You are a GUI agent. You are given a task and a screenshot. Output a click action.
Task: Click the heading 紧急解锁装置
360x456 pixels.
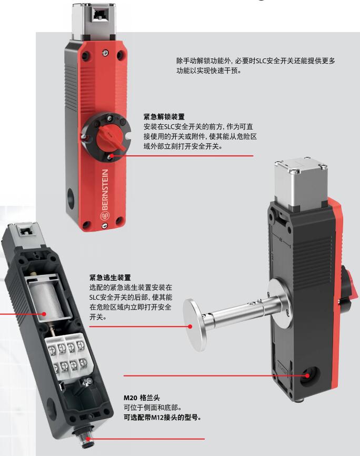click(x=164, y=117)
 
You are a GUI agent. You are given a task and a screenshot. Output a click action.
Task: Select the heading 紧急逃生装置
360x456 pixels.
click(x=110, y=277)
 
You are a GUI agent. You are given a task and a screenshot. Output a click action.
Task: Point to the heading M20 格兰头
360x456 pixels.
click(x=142, y=398)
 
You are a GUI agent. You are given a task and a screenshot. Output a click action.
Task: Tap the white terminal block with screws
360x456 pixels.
click(x=69, y=353)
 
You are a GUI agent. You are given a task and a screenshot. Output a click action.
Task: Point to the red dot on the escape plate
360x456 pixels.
click(x=190, y=326)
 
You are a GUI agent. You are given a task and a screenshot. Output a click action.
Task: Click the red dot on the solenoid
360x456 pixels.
click(x=44, y=314)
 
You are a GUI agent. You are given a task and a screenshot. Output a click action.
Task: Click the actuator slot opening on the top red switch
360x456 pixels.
click(x=99, y=13)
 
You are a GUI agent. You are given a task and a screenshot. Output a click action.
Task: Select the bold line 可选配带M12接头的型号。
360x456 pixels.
click(x=163, y=418)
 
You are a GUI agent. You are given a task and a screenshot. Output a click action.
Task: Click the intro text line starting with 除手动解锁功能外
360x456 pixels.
click(x=256, y=61)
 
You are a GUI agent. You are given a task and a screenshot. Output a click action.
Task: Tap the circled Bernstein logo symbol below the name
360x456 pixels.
click(x=104, y=216)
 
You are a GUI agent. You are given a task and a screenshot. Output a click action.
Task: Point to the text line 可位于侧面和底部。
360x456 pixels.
click(x=153, y=408)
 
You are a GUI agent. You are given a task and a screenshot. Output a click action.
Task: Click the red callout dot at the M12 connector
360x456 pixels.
click(x=88, y=439)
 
